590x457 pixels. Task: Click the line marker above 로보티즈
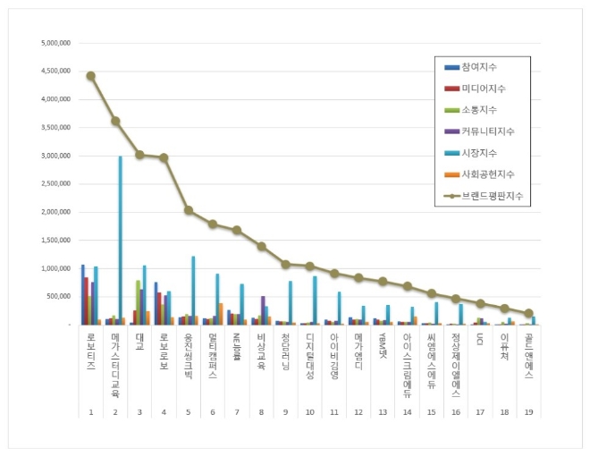[x=90, y=76]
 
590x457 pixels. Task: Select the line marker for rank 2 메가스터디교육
[x=115, y=121]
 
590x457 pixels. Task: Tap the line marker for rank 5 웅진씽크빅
[x=189, y=210]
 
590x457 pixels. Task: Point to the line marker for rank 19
[x=528, y=313]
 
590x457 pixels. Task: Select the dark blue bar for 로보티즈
[x=82, y=294]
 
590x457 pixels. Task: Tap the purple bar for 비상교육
[x=262, y=309]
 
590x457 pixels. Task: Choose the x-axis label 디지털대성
[x=310, y=357]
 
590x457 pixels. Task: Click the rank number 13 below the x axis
[x=383, y=413]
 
